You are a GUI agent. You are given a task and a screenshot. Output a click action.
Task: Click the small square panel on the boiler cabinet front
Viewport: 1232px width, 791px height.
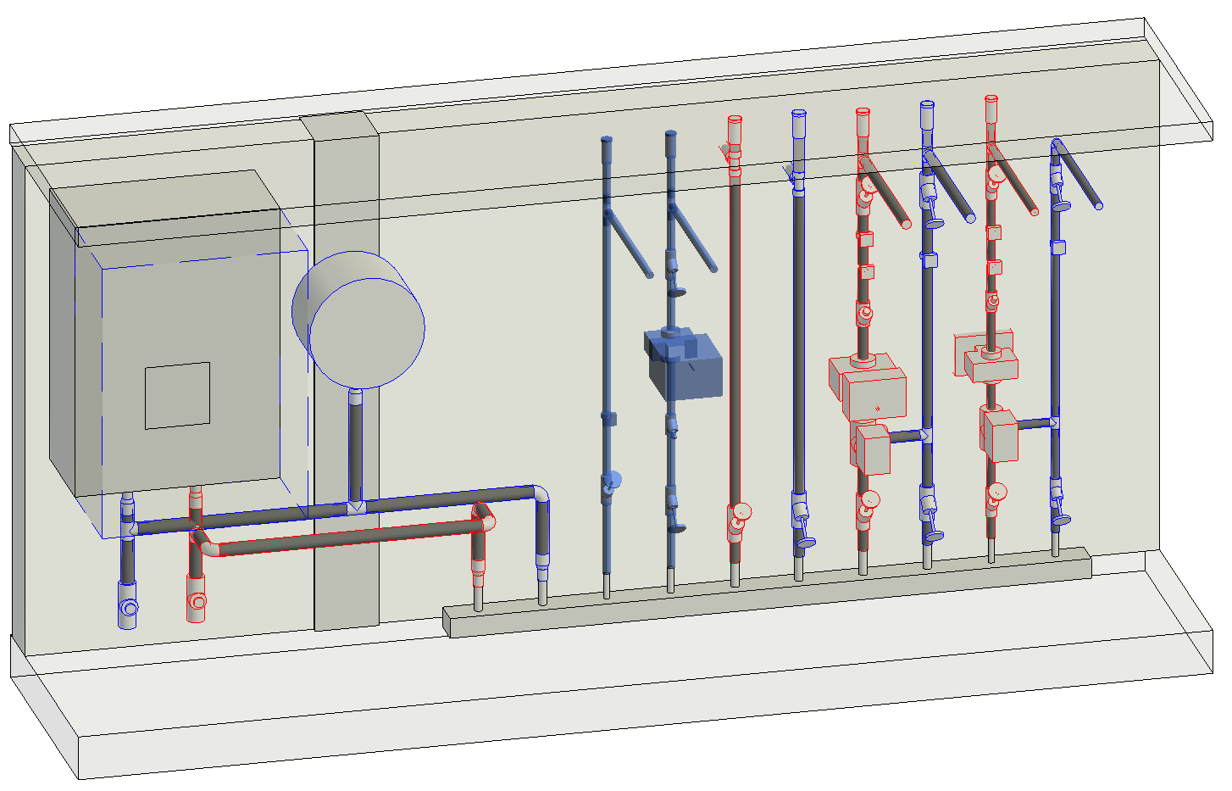177,395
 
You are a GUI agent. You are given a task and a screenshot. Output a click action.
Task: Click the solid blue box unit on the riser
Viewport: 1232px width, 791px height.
685,365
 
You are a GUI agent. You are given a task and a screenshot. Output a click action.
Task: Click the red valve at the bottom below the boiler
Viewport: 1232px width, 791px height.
197,601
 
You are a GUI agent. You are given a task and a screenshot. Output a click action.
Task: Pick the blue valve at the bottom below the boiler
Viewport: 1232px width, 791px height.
127,607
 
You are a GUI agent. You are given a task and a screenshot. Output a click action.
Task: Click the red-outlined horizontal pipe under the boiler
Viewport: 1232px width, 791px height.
339,539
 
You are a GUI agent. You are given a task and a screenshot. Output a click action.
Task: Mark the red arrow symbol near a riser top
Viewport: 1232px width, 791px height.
724,153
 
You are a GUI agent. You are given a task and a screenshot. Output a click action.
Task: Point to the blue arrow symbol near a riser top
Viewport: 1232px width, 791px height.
789,175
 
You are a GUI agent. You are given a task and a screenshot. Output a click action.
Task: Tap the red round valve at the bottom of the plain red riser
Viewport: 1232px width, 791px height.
740,514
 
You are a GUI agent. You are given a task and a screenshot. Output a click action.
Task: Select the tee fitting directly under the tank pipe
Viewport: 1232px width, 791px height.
356,507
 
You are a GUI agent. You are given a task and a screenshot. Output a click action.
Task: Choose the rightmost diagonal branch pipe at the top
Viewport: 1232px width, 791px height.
1079,176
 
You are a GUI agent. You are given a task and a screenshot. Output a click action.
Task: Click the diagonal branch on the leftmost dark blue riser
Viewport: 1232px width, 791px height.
629,243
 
